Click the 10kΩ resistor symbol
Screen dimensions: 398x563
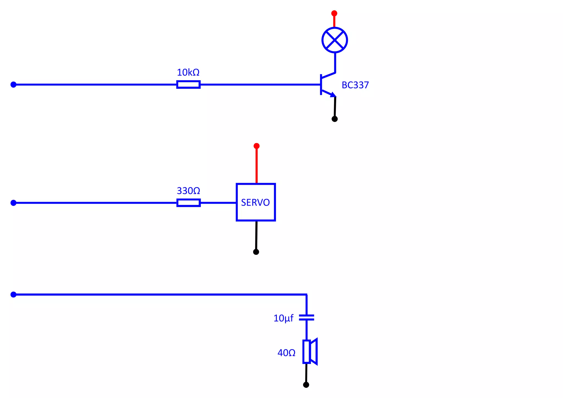(x=188, y=84)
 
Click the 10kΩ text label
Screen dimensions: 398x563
(x=188, y=73)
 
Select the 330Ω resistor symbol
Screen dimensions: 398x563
(x=188, y=203)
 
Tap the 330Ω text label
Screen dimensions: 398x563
(x=188, y=191)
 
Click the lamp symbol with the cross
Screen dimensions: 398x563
(x=335, y=40)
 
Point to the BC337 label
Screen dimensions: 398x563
(x=355, y=85)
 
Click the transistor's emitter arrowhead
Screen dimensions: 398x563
(x=333, y=95)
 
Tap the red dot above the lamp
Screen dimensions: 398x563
(x=334, y=13)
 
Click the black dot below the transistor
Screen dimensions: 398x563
(x=335, y=119)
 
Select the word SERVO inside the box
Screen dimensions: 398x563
(x=255, y=203)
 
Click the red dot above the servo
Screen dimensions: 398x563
(x=256, y=146)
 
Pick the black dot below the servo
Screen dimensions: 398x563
(x=256, y=252)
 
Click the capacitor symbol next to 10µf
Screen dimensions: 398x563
(x=307, y=318)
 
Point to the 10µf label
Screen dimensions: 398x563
(x=283, y=318)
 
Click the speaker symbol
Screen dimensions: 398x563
(x=310, y=352)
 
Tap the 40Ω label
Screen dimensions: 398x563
(x=286, y=353)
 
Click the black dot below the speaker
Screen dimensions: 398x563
(x=306, y=385)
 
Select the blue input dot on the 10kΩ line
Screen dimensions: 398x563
(x=13, y=84)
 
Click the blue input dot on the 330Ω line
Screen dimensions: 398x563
(x=13, y=203)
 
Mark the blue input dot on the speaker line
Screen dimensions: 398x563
(x=13, y=294)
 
